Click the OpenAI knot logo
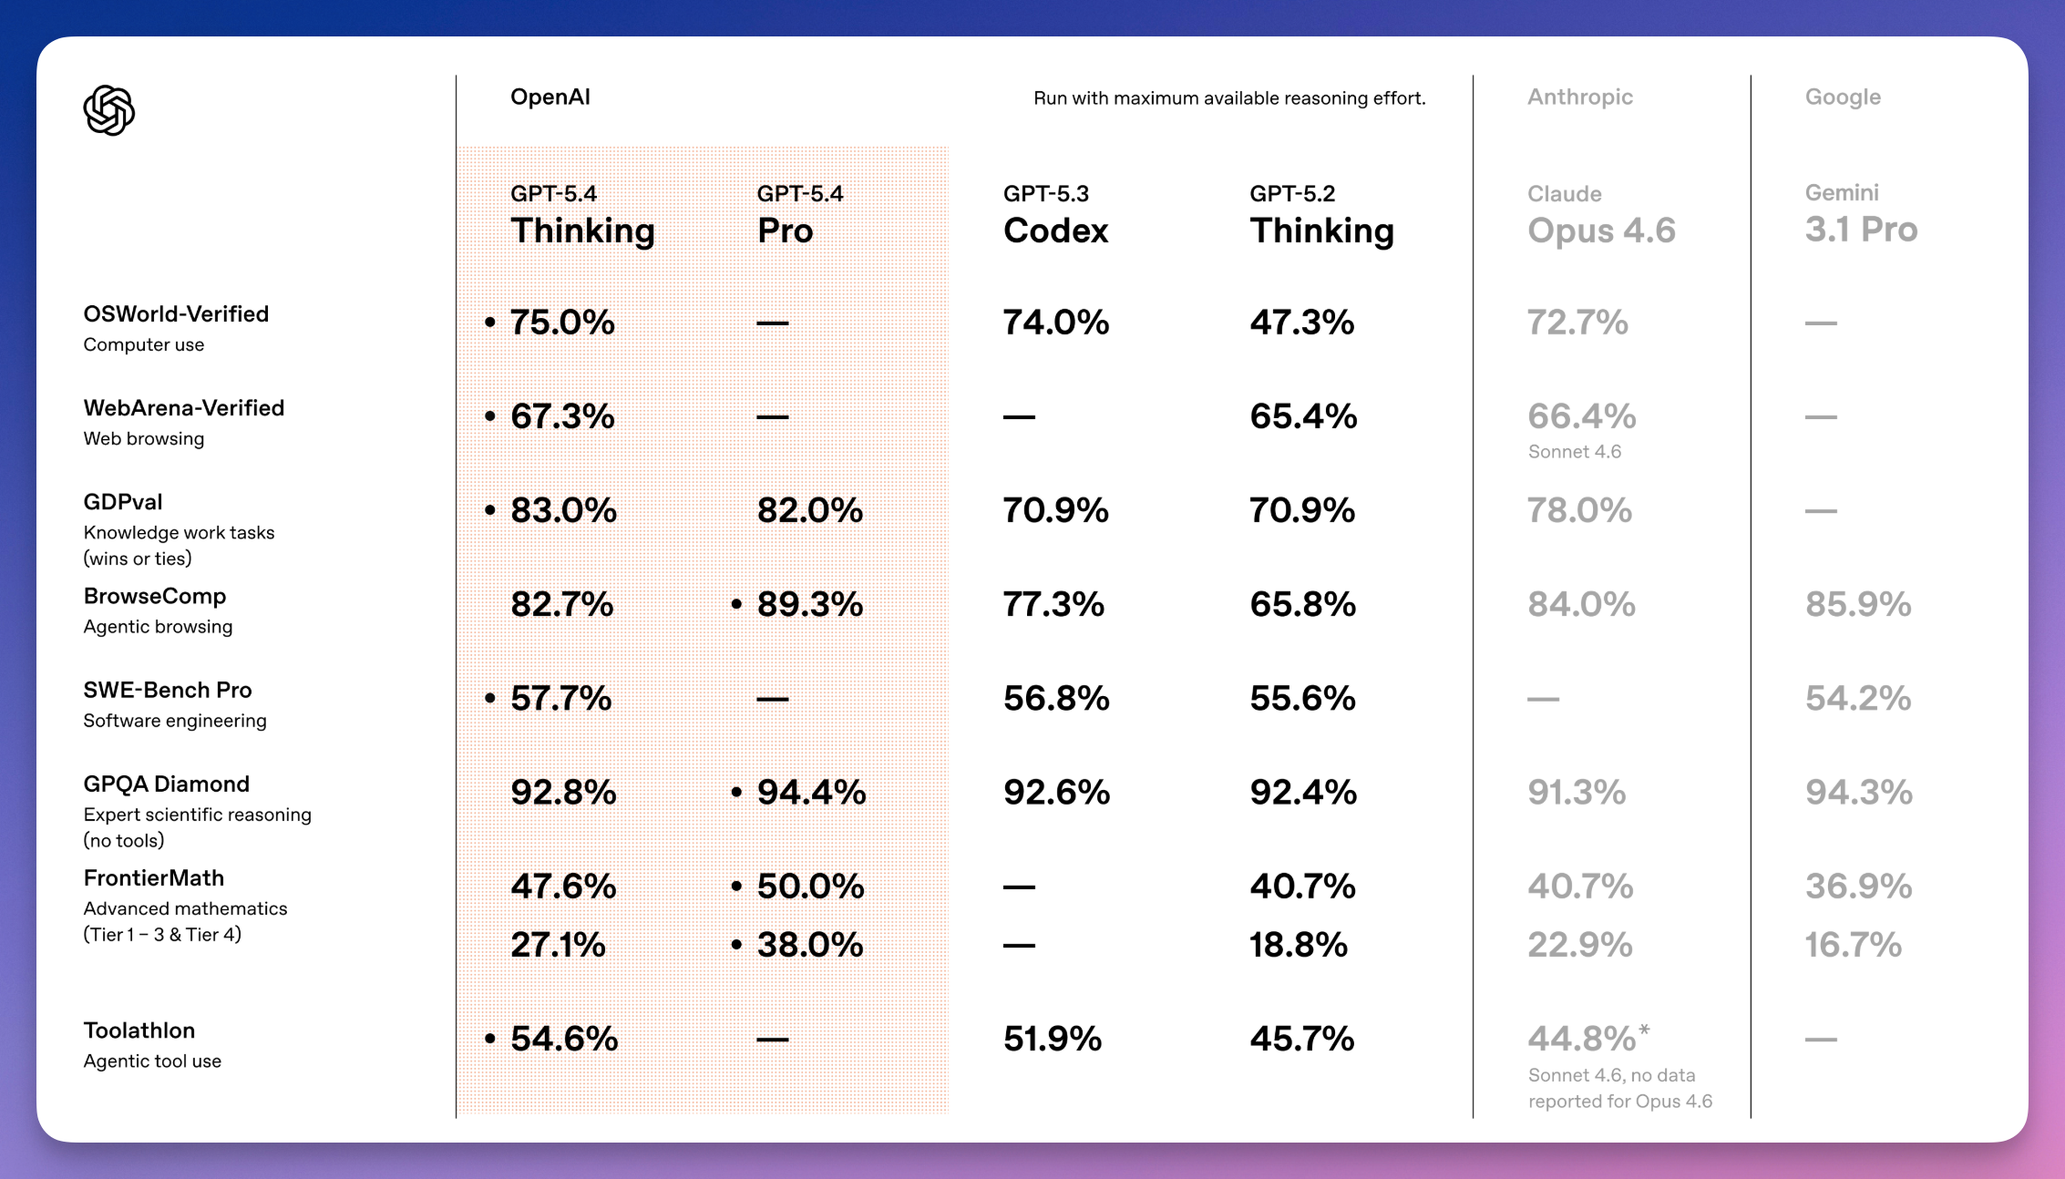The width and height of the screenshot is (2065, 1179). point(109,110)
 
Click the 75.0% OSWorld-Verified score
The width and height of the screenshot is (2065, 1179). point(562,323)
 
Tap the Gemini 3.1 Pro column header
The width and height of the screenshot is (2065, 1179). point(1861,216)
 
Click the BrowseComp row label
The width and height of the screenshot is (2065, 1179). point(155,597)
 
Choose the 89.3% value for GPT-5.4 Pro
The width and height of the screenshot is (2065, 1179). point(810,604)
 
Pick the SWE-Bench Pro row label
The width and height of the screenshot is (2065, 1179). point(168,691)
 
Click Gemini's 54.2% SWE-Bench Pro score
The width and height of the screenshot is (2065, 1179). point(1858,699)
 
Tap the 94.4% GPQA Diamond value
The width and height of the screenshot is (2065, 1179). point(811,793)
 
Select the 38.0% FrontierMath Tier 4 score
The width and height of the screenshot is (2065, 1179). point(810,945)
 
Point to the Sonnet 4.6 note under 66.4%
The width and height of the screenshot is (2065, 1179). point(1574,452)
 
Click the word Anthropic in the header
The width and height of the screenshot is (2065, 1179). point(1580,97)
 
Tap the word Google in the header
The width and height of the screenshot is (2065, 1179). point(1843,97)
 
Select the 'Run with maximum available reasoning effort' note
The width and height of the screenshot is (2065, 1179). point(1229,98)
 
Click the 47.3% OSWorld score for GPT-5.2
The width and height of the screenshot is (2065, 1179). point(1301,323)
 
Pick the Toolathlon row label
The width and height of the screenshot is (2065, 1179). point(139,1030)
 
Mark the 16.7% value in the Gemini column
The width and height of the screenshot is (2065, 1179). point(1854,945)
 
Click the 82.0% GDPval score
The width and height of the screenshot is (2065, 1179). point(809,510)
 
